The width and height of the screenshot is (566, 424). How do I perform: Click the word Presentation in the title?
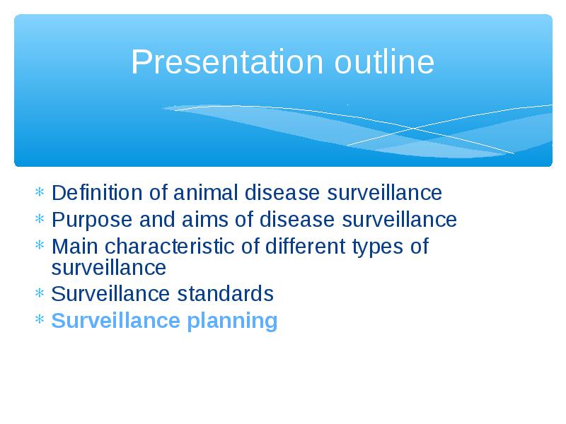tap(226, 61)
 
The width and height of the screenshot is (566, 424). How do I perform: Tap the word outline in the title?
tap(384, 61)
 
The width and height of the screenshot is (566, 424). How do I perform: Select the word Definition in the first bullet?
tap(97, 192)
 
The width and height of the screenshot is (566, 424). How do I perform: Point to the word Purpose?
tap(92, 220)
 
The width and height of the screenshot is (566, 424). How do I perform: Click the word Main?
tap(75, 247)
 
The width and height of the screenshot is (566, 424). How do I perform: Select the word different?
tap(306, 247)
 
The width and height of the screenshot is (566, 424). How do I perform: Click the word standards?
tap(225, 293)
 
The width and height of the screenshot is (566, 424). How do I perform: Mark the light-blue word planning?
tap(232, 322)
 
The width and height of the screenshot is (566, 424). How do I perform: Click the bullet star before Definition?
tap(40, 192)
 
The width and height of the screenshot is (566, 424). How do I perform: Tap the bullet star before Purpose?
tap(40, 218)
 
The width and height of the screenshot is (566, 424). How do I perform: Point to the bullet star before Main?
tap(40, 245)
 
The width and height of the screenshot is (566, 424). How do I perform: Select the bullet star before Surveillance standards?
tap(40, 293)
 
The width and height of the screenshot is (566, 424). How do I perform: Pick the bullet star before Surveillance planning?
tap(40, 319)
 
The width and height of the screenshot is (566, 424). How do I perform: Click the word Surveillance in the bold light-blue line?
tap(116, 321)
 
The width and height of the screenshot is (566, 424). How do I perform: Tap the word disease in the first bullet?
tap(282, 192)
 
